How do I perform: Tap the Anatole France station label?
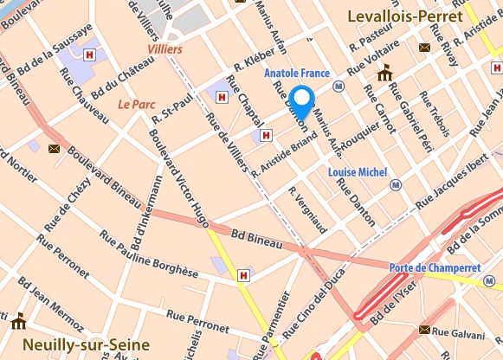tap(300, 74)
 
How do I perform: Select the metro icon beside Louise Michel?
tap(396, 184)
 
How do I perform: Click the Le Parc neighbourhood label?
tap(134, 104)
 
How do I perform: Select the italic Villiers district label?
tap(164, 49)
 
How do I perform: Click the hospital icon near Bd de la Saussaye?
tap(90, 55)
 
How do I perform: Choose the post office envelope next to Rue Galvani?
tap(424, 330)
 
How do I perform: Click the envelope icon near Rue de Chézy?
tap(54, 149)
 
